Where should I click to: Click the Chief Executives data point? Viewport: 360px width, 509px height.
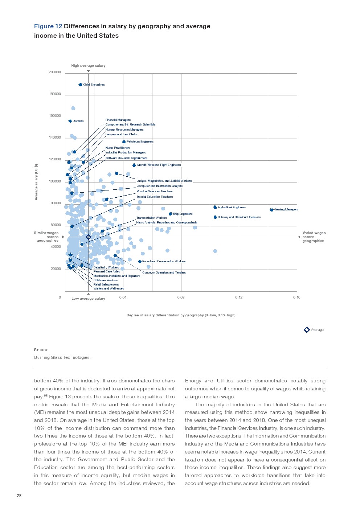tap(81, 85)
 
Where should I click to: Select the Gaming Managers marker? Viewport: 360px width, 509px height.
tap(271, 210)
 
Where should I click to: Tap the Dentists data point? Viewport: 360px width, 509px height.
tap(70, 121)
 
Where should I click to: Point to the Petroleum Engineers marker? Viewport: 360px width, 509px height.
tap(124, 142)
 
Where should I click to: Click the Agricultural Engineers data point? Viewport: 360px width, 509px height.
tap(215, 208)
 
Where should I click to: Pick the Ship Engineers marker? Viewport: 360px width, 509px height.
tap(170, 214)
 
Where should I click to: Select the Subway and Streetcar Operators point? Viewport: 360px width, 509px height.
tap(215, 217)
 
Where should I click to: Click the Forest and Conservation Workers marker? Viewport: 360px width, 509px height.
tap(140, 262)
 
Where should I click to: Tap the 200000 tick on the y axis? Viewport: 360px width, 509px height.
tap(55, 72)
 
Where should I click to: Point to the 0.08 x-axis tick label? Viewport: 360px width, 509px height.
tap(181, 297)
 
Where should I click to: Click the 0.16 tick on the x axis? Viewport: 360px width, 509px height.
tap(296, 297)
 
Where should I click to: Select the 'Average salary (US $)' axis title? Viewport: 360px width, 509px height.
tap(36, 182)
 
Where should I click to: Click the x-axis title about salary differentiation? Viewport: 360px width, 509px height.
tap(181, 315)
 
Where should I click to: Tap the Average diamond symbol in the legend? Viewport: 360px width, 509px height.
tap(307, 330)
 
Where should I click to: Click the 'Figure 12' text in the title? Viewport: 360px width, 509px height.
tap(48, 26)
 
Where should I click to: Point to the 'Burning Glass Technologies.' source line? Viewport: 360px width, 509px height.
tap(62, 358)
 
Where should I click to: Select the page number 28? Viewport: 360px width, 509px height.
tap(19, 496)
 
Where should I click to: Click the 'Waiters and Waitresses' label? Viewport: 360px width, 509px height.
tap(109, 289)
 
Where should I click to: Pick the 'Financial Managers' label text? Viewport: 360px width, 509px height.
tap(118, 120)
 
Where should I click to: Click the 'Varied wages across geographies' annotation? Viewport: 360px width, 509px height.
tap(314, 237)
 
